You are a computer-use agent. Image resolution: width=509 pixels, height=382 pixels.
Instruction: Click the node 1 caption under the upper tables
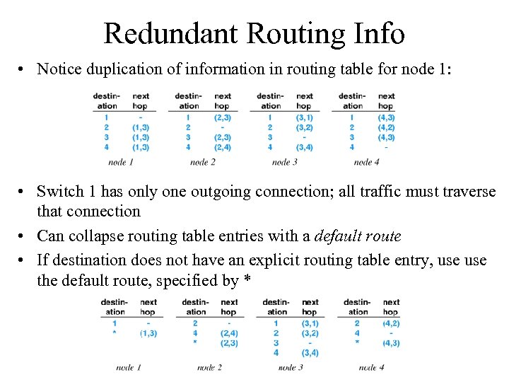point(121,162)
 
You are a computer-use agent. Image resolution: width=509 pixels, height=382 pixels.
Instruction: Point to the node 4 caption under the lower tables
point(371,367)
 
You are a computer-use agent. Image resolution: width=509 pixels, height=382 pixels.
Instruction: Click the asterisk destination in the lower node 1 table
point(115,332)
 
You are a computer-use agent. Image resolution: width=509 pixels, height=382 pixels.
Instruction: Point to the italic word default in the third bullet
point(340,236)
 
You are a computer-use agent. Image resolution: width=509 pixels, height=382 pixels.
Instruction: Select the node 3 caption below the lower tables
point(291,367)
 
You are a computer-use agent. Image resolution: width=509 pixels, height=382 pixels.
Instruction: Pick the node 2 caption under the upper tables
point(203,162)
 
